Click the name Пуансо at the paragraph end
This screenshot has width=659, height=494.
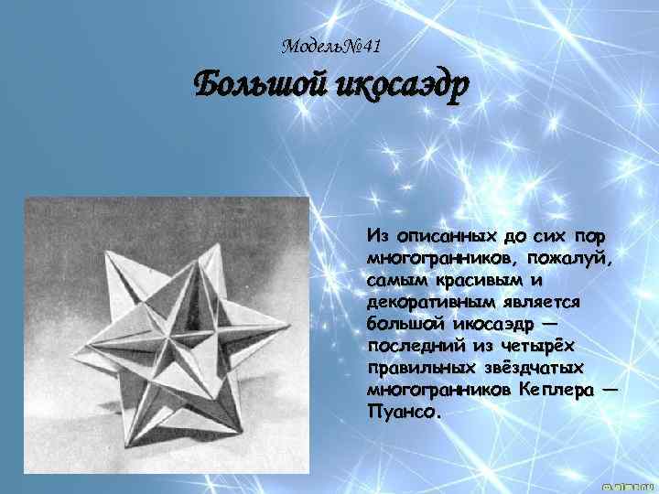pos(401,412)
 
